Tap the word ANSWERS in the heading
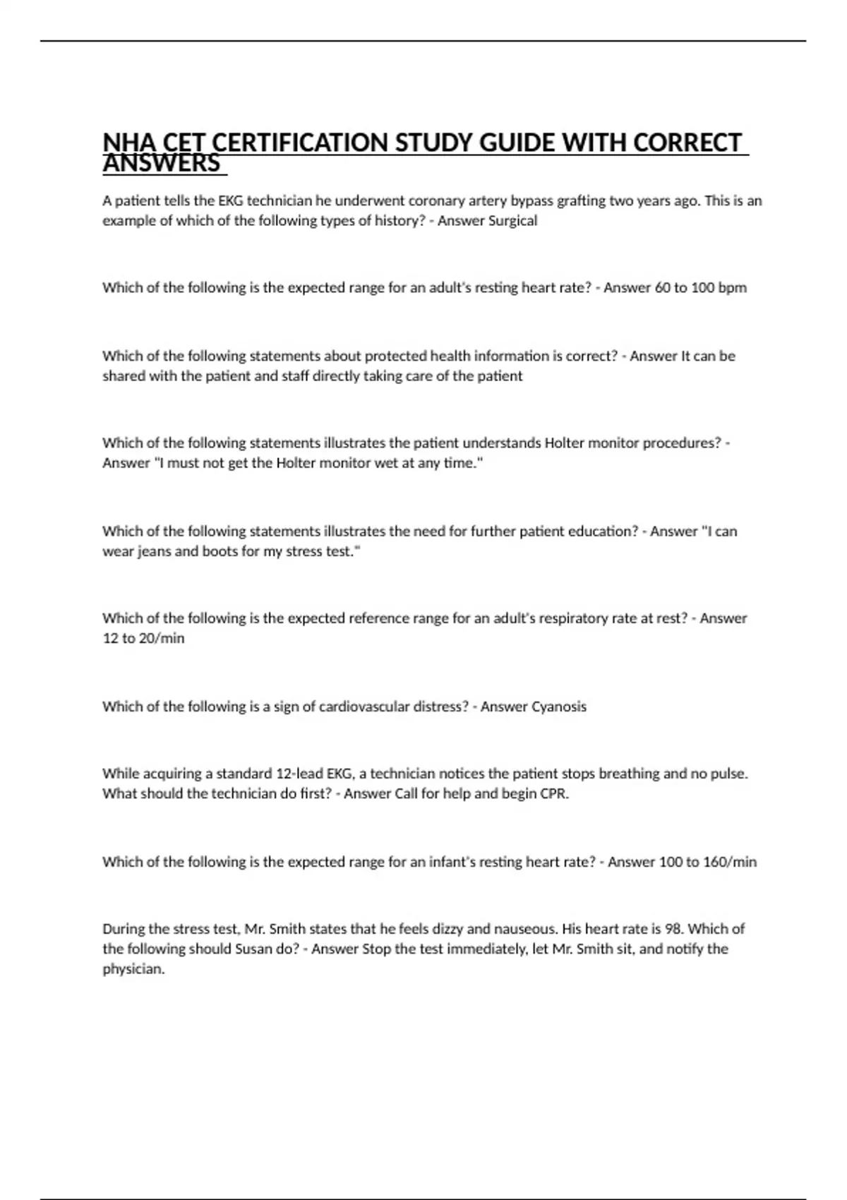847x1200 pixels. [x=162, y=164]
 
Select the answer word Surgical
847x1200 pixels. [x=512, y=221]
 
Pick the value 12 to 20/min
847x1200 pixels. [x=143, y=638]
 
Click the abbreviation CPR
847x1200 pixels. [x=555, y=793]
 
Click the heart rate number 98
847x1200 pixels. [x=673, y=929]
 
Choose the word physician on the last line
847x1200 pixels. [x=133, y=969]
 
